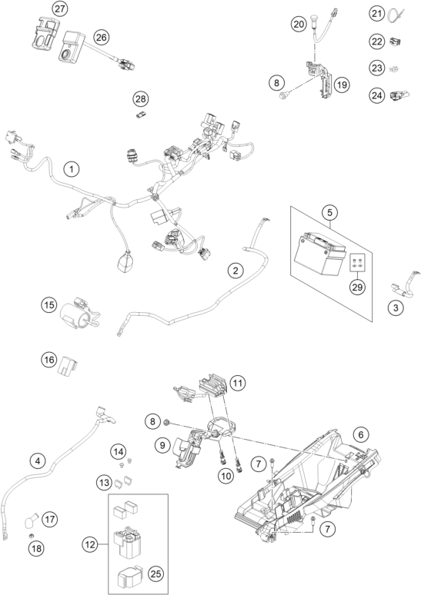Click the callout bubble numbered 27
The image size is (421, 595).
coord(60,9)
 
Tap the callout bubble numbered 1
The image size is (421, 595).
coord(72,169)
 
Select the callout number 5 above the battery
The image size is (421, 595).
coord(329,212)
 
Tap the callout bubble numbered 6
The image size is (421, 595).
coord(361,434)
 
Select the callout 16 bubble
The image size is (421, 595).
coord(49,360)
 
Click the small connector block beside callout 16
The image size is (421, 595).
coord(67,367)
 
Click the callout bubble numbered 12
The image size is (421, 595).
coord(90,545)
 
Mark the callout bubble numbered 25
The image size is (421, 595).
coord(155,573)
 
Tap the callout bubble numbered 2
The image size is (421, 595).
coord(236,270)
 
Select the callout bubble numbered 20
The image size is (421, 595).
coord(299,25)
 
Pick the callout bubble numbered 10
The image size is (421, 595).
coord(226,476)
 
